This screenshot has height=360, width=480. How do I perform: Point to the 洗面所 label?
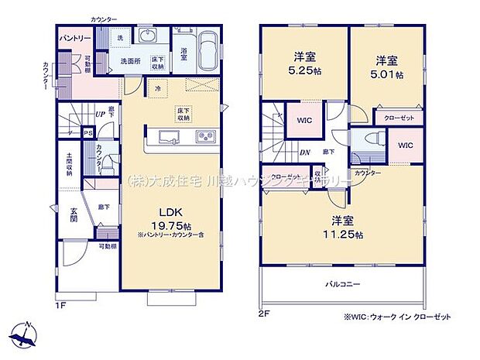130,63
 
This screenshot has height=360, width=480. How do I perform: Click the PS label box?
89,132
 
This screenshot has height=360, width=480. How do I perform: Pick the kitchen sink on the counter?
170,137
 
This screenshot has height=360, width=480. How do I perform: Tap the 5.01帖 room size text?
388,75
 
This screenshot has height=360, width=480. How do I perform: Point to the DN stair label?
305,153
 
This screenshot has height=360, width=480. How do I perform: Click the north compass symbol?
25,332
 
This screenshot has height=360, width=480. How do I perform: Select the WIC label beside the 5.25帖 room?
303,120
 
